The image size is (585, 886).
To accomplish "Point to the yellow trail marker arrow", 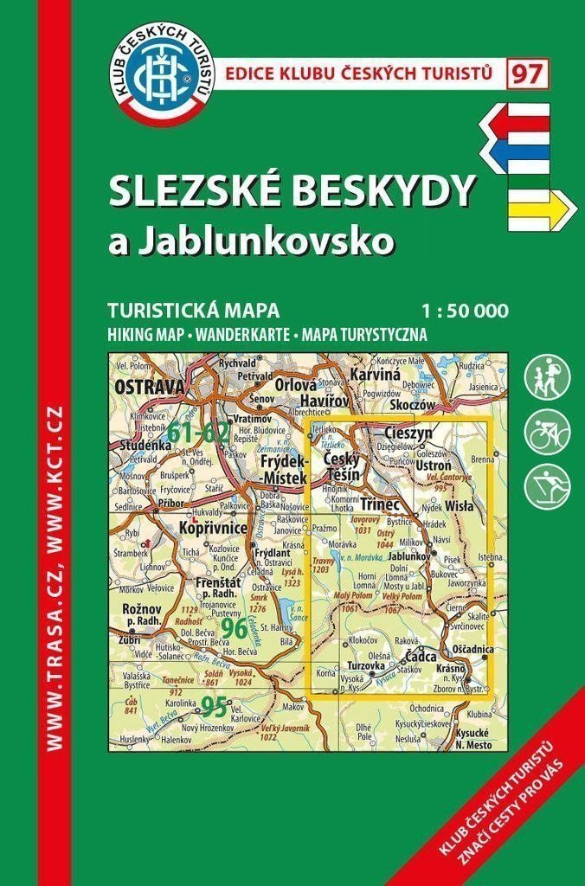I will pyautogui.click(x=537, y=207).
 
